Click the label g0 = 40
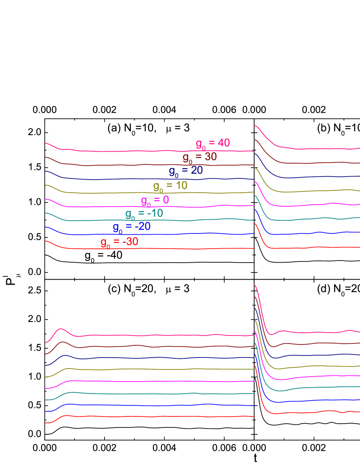pos(213,144)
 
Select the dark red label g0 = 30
pos(199,158)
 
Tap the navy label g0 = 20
pos(186,171)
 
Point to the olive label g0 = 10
pos(170,186)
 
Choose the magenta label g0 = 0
pos(155,200)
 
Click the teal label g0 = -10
pos(144,214)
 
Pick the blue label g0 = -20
pos(131,227)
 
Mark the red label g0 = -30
pos(119,243)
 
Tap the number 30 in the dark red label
pos(210,157)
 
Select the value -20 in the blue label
pos(143,227)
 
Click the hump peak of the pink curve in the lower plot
pos(61,329)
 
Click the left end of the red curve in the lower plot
pos(46,423)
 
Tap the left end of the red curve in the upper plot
pos(46,241)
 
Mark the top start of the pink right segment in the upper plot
pos(255,126)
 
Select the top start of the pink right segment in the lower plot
pos(255,286)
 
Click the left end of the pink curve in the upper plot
pos(46,144)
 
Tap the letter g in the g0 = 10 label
pos(156,186)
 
